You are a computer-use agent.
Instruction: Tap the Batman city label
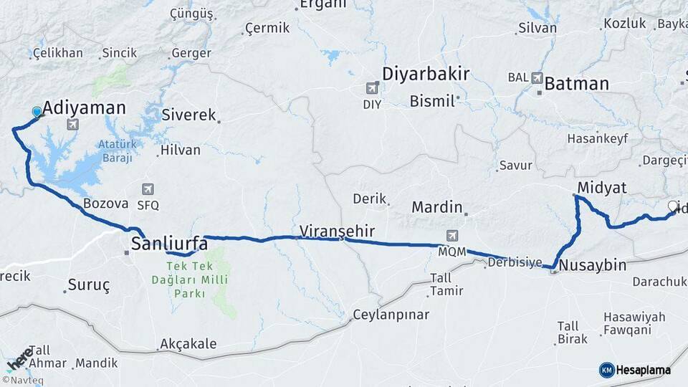pos(576,84)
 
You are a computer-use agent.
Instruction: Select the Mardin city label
pos(436,207)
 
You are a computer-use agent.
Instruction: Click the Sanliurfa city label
pos(169,244)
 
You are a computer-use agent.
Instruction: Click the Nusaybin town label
pos(592,265)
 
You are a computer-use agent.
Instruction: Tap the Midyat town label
pos(599,188)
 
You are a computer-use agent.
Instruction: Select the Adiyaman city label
pos(84,108)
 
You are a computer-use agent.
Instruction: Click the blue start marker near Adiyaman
pos(37,112)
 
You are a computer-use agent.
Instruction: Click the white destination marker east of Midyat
pos(673,206)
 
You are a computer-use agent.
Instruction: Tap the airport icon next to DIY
pos(372,88)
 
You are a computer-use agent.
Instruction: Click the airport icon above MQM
pos(452,235)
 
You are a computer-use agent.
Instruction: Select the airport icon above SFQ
pos(148,190)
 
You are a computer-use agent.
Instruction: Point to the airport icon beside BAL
pos(537,77)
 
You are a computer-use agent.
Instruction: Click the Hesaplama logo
pos(636,370)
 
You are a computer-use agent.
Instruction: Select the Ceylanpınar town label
pos(391,315)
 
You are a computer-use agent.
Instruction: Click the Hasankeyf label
pos(596,138)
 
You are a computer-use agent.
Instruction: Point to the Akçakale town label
pos(188,344)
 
